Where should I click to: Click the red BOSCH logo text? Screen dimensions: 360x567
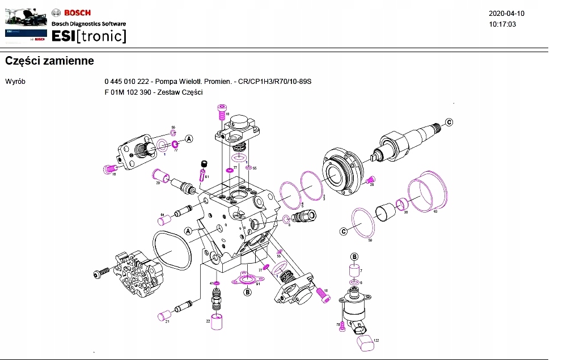click(x=77, y=12)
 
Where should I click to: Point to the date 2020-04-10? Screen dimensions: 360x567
click(x=506, y=14)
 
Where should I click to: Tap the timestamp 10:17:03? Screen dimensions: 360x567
click(x=502, y=24)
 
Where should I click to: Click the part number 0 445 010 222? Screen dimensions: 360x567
click(x=127, y=82)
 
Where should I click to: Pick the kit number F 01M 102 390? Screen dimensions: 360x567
click(x=128, y=92)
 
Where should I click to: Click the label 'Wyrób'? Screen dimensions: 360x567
click(x=15, y=82)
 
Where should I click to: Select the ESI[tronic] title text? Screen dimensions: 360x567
click(x=88, y=36)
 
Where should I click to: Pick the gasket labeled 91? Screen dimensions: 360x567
click(x=247, y=279)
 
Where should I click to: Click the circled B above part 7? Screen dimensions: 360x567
click(x=354, y=257)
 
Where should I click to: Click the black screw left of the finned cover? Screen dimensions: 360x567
click(x=101, y=273)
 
